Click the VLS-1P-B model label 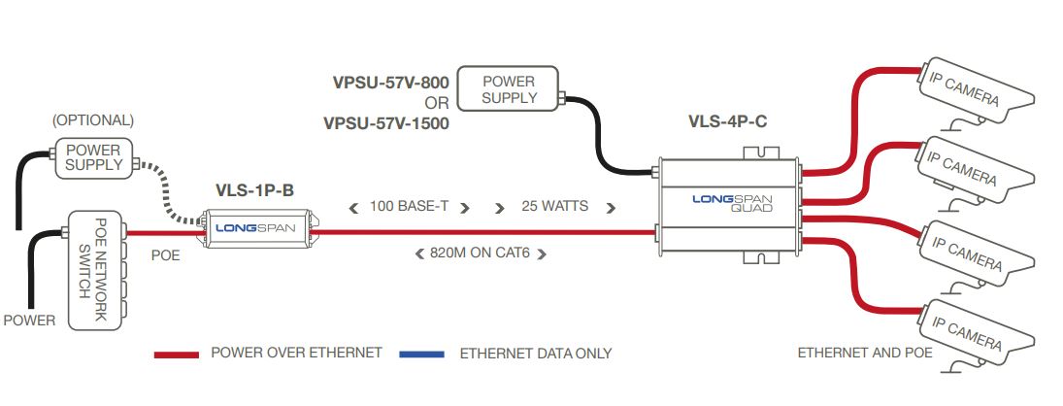pyautogui.click(x=254, y=191)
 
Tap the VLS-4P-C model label pyautogui.click(x=728, y=122)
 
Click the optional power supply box pyautogui.click(x=93, y=158)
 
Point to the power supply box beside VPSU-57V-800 pyautogui.click(x=508, y=88)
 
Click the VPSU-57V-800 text pyautogui.click(x=390, y=84)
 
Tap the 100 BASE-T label pyautogui.click(x=409, y=206)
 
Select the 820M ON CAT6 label pyautogui.click(x=481, y=254)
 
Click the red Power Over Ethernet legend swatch pyautogui.click(x=177, y=355)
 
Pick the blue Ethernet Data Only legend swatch pyautogui.click(x=421, y=355)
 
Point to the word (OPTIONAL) pyautogui.click(x=93, y=120)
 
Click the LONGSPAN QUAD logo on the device pyautogui.click(x=732, y=203)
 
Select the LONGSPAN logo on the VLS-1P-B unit pyautogui.click(x=255, y=227)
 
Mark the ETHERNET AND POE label pyautogui.click(x=864, y=353)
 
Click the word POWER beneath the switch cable pyautogui.click(x=30, y=320)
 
